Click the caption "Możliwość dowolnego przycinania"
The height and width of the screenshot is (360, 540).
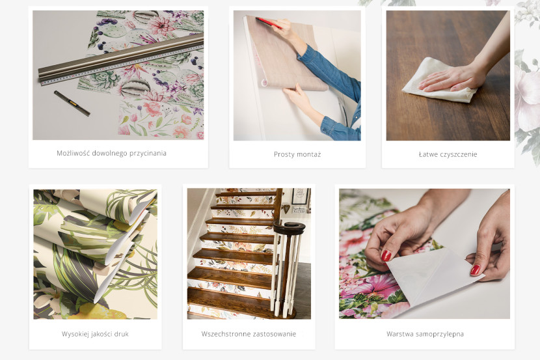[x=112, y=153]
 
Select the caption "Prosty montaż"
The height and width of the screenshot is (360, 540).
[x=297, y=154]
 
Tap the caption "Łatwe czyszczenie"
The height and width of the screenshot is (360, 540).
[x=448, y=154]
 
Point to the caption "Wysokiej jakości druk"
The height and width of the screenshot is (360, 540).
[x=95, y=334]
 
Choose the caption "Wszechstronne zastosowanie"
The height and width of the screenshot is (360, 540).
[x=249, y=334]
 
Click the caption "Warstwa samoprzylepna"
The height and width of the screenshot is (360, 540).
[x=425, y=334]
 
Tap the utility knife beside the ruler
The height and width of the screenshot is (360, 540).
[x=72, y=103]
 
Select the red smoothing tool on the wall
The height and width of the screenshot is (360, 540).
[x=268, y=23]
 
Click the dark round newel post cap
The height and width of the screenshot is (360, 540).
[x=290, y=227]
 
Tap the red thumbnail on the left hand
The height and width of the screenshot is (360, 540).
[x=386, y=256]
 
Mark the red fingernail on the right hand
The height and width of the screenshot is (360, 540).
[x=475, y=270]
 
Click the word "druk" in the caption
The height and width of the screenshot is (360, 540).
[x=121, y=334]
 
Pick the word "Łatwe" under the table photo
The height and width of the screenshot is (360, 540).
[x=427, y=154]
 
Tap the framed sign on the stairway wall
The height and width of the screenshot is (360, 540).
[x=300, y=196]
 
